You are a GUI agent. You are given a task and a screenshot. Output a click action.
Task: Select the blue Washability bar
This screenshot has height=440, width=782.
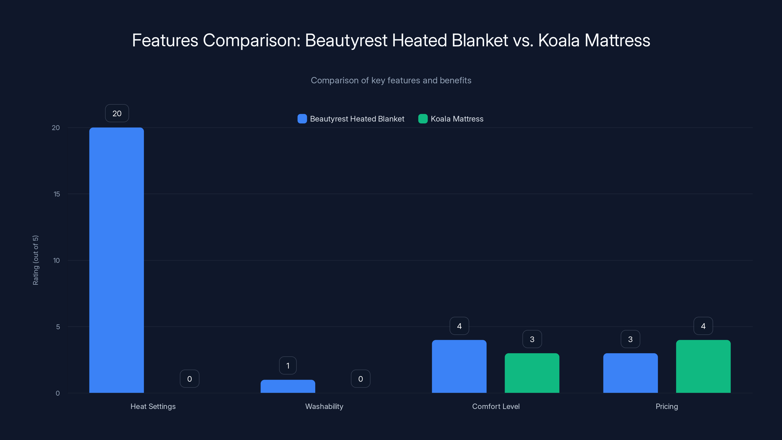pos(288,386)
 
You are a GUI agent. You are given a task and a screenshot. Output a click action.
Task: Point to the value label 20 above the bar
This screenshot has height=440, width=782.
pos(117,113)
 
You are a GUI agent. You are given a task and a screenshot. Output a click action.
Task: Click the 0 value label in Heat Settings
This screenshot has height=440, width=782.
pos(189,379)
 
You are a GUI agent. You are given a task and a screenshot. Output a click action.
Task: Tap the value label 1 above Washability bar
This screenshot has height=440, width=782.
pos(288,366)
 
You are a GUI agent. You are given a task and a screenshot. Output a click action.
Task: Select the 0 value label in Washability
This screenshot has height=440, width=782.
pos(361,379)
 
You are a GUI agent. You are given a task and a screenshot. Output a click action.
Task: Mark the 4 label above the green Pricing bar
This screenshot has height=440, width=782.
pos(703,326)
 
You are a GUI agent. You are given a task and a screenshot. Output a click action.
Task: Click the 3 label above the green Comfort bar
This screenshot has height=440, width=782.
pos(532,339)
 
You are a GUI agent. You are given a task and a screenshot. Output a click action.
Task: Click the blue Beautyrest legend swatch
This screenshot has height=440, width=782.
pos(302,119)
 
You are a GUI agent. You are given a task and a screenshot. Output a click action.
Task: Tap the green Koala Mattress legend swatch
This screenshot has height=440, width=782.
pos(423,119)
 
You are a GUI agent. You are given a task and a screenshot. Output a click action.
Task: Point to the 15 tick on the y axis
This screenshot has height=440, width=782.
pos(57,194)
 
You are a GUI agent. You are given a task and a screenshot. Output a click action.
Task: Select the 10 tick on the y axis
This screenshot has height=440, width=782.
pos(56,260)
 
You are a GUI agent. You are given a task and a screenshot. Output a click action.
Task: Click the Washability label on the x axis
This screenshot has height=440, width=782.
pos(324,406)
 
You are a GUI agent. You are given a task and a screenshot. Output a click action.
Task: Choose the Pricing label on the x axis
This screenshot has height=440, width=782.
pos(667,406)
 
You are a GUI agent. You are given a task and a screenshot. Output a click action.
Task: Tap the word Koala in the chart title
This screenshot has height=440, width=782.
pos(559,40)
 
